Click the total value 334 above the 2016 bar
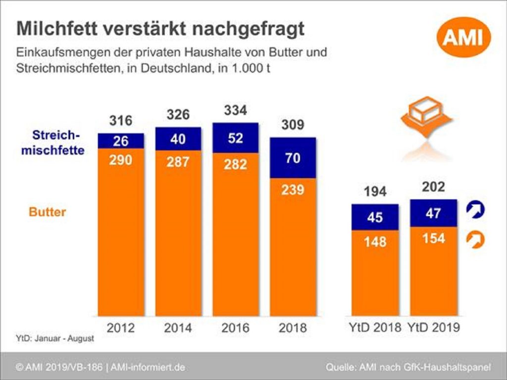click(235, 110)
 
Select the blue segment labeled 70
click(293, 158)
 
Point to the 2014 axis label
click(178, 328)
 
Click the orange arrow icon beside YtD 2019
click(475, 240)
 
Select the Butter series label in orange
click(48, 212)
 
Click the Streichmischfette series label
click(52, 142)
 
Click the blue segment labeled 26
click(121, 141)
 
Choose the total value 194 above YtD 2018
click(375, 191)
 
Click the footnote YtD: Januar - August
click(54, 339)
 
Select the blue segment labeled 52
click(235, 138)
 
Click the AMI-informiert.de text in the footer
click(148, 367)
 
